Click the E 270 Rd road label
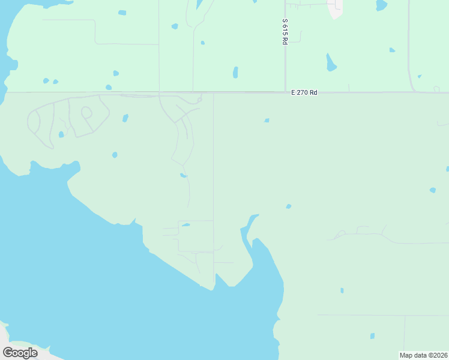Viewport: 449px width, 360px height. (x=304, y=92)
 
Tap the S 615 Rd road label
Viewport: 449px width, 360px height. (x=285, y=31)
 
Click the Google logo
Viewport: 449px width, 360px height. (x=20, y=352)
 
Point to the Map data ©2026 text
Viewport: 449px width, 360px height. (x=423, y=355)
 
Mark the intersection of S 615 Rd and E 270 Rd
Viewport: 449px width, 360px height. (x=285, y=92)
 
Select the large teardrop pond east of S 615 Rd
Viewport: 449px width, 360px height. (x=331, y=63)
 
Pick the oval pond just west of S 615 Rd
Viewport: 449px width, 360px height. (x=235, y=72)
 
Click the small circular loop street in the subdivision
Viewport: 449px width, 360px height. (x=86, y=112)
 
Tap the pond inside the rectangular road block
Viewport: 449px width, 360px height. (x=186, y=225)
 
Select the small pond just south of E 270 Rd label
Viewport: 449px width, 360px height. (x=267, y=120)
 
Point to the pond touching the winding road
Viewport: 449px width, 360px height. (x=183, y=175)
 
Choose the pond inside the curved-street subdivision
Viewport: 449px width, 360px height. (x=61, y=134)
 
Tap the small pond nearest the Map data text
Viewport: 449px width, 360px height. (x=372, y=336)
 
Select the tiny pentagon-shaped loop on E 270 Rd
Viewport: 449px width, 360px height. (x=436, y=89)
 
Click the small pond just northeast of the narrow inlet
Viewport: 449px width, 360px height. (x=289, y=206)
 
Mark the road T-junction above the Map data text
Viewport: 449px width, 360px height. (x=404, y=315)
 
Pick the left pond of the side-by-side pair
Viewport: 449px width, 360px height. (x=46, y=80)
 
